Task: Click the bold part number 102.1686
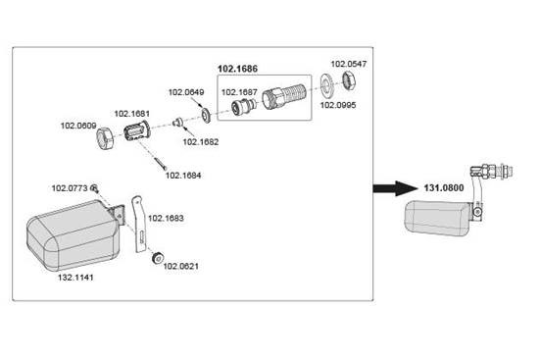(237, 69)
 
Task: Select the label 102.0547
(349, 64)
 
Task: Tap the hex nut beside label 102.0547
(349, 80)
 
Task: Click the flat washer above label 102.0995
(326, 85)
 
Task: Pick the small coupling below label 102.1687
(243, 106)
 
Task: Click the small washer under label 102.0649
(207, 116)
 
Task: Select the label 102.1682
(201, 142)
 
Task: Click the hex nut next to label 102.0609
(105, 138)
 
